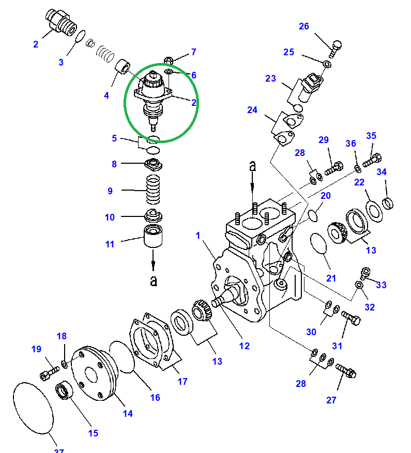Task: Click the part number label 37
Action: coord(59,450)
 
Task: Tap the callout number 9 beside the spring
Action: coord(110,191)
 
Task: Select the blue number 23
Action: coord(271,79)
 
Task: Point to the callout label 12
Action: coord(244,346)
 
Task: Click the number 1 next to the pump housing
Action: coord(197,236)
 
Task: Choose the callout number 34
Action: coord(381,172)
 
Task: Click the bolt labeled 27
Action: coord(345,370)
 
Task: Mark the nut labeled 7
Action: coord(168,60)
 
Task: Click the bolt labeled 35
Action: coord(372,160)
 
